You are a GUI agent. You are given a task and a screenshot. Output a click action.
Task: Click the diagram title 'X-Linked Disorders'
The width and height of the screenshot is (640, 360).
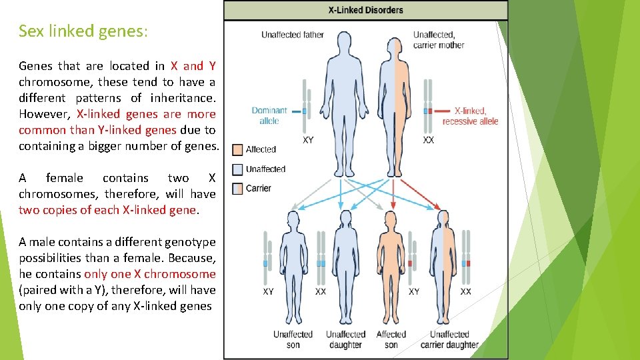(x=365, y=10)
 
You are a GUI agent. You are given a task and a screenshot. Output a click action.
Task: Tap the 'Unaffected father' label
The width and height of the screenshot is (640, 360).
(x=292, y=35)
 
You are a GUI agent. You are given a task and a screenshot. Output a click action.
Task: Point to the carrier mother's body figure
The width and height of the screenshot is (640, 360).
(x=395, y=100)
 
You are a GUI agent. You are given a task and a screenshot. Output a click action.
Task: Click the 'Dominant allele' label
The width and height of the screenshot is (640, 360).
(x=269, y=115)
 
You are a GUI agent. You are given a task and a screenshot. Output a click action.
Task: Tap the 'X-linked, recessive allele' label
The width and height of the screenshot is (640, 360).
(x=470, y=115)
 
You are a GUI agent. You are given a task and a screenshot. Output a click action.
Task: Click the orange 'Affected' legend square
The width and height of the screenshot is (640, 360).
(x=237, y=150)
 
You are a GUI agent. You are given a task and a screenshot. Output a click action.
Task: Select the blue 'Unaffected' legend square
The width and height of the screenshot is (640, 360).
(x=237, y=169)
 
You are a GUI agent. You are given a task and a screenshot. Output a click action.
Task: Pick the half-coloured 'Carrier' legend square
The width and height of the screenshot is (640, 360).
(x=237, y=189)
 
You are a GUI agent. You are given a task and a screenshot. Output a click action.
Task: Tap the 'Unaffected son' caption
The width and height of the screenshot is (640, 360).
(x=293, y=339)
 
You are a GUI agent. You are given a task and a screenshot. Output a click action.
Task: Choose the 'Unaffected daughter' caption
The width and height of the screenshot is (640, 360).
(x=345, y=339)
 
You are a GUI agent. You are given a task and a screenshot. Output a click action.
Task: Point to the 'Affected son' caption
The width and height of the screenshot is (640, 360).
(x=391, y=339)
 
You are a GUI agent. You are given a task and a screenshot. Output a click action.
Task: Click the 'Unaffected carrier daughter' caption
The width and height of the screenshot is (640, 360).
(x=449, y=339)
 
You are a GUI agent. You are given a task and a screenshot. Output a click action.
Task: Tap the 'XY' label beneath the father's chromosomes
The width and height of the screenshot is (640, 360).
(x=308, y=141)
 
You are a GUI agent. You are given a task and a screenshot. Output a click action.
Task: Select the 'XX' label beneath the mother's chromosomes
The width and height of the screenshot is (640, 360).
(x=429, y=141)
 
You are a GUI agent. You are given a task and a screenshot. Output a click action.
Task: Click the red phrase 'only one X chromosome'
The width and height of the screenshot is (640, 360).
(x=150, y=274)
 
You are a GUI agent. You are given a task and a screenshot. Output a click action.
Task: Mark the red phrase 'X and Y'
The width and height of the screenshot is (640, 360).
(x=193, y=66)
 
